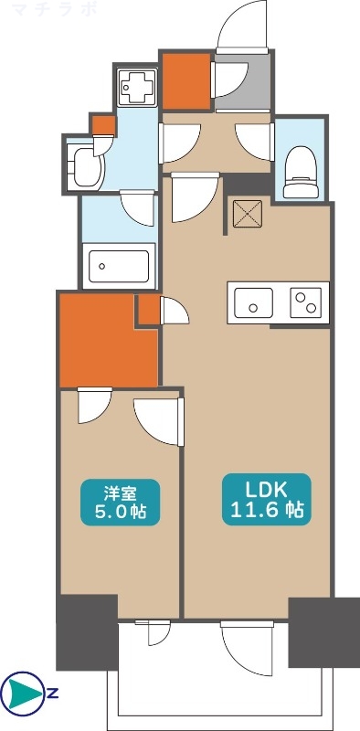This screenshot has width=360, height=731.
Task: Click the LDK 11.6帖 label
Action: [x=264, y=499]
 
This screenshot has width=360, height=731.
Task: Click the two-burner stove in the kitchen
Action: [x=308, y=302]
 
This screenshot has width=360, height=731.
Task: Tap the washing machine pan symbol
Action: [x=140, y=89]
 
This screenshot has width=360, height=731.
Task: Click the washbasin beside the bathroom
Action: [x=87, y=166]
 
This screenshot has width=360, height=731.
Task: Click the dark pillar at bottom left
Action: [x=88, y=631]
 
